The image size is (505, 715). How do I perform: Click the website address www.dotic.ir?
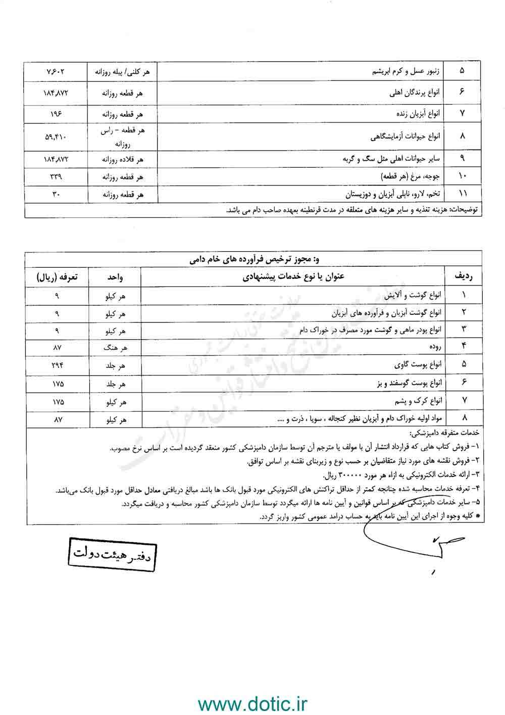pos(252,703)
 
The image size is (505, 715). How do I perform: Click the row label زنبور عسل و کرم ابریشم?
pos(403,72)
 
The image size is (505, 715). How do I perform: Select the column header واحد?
pos(115,277)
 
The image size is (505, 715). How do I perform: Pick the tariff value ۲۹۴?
pos(56,365)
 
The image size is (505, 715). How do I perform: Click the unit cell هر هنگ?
pos(115,348)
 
